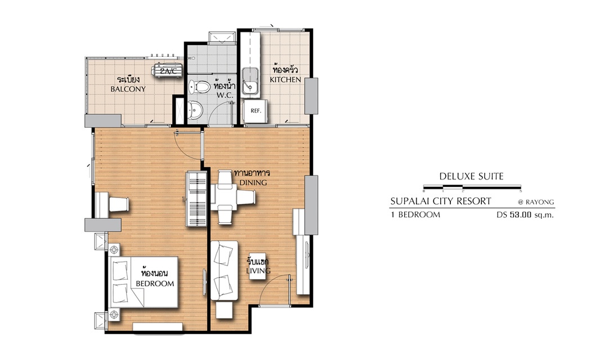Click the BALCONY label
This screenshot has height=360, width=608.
point(128,89)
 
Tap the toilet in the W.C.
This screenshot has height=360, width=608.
point(199,87)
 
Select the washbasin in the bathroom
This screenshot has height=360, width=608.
point(194,110)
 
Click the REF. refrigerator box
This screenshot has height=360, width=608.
point(256,111)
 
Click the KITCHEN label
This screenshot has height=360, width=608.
point(285,79)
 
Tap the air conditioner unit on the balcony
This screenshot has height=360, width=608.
point(167,71)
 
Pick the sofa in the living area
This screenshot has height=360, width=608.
point(224,270)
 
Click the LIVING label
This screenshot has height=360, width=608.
point(258,271)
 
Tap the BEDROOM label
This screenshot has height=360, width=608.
point(155,283)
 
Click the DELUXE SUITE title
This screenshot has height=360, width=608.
point(472,177)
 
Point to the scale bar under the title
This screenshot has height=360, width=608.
point(472,187)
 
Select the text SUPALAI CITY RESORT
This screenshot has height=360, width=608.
point(440,201)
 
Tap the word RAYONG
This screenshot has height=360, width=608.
point(540,202)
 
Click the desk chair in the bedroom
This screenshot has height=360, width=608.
point(119,204)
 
